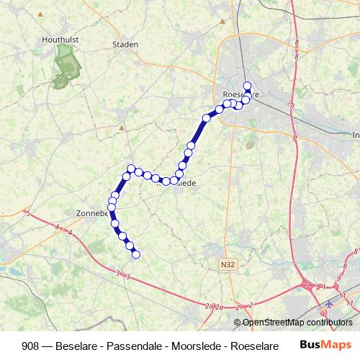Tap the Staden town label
125,44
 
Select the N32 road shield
228,265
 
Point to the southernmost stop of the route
135,254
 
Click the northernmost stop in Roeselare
248,86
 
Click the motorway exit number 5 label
27,214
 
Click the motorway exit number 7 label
291,107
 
